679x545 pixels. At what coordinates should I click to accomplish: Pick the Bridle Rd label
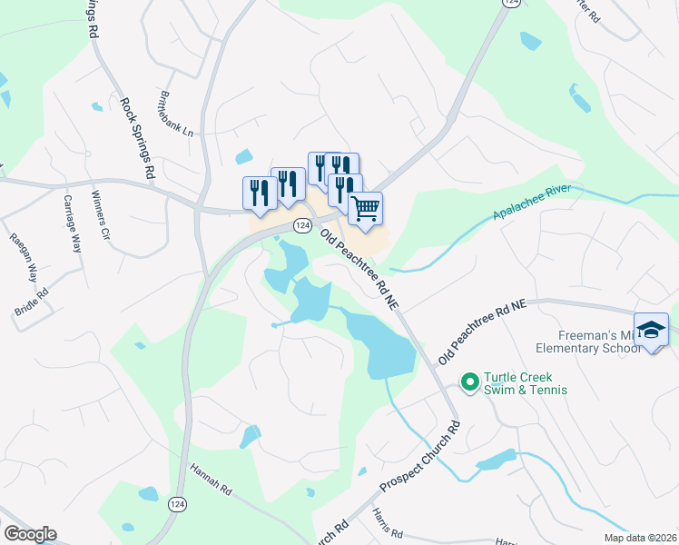coord(31,300)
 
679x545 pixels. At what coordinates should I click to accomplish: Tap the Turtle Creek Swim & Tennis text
coord(525,383)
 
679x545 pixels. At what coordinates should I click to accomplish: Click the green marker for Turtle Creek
coord(469,382)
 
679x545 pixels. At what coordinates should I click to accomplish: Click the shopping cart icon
coord(365,208)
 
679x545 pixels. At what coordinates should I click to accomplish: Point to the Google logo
coord(30,534)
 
